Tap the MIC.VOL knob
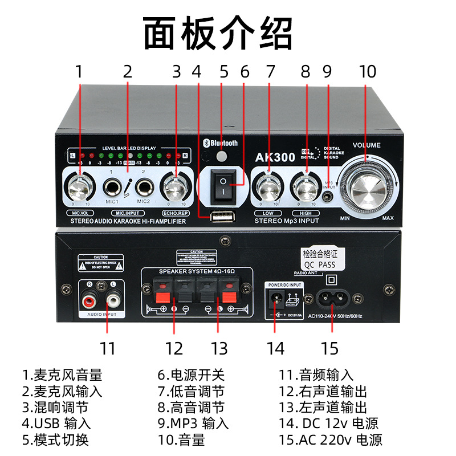(79, 186)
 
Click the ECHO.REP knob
(176, 186)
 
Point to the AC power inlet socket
(331, 298)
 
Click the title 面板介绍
(218, 34)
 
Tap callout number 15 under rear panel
(329, 348)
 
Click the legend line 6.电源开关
(192, 375)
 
